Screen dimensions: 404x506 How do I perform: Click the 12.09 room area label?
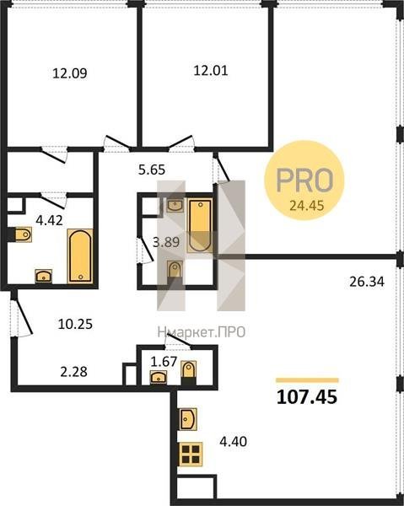pos(70,73)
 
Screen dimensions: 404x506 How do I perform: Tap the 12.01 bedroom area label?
pos(210,70)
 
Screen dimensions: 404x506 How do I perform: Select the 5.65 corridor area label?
pos(152,170)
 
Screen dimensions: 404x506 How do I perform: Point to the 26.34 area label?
pos(367,282)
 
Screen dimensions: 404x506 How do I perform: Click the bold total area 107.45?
pos(307,397)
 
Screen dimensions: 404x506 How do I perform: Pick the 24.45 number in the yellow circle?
pos(306,205)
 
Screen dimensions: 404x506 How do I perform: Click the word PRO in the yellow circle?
pos(304,180)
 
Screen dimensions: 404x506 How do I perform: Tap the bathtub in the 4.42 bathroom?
pos(80,256)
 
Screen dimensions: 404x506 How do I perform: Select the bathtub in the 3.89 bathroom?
pos(200,225)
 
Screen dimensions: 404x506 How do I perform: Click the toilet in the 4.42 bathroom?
pos(23,234)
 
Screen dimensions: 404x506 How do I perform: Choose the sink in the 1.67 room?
pos(159,377)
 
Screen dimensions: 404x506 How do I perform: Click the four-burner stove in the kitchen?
pos(191,454)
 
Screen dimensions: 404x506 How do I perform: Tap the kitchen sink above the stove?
pos(188,419)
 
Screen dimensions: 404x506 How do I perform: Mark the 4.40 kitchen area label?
pos(233,441)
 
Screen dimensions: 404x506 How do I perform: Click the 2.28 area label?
pos(73,372)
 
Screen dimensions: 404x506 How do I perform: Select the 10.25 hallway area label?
pos(75,324)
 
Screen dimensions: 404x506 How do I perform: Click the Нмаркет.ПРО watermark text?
pos(202,332)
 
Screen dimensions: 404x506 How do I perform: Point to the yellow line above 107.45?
pos(307,380)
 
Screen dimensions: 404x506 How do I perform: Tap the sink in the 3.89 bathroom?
pos(175,205)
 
